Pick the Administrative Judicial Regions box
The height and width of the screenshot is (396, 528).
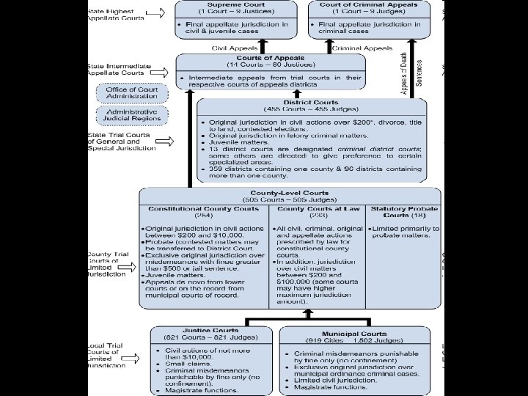(x=132, y=115)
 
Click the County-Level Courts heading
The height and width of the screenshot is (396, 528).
(x=290, y=193)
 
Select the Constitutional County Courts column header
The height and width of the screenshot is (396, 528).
(x=204, y=210)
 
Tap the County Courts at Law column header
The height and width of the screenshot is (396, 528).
(x=318, y=210)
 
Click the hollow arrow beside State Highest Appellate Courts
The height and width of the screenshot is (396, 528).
(x=155, y=13)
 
